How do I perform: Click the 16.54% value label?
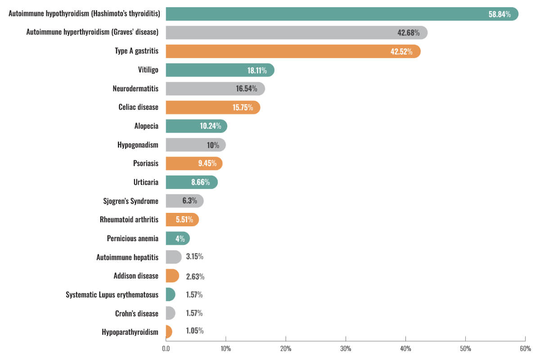tap(247, 89)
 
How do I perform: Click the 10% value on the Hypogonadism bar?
tap(213, 145)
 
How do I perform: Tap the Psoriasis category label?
tap(146, 163)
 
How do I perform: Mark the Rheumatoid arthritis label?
tap(129, 220)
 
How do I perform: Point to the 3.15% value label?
tap(194, 257)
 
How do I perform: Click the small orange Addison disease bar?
tap(172, 276)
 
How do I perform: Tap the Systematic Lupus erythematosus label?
tap(112, 295)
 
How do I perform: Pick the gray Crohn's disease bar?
tap(170, 313)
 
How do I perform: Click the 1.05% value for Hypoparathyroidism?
tap(194, 331)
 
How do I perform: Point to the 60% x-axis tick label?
tap(525, 349)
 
